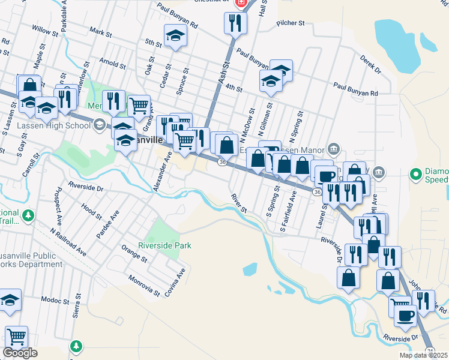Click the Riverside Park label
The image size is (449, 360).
point(164,245)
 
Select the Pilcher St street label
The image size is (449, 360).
point(291,23)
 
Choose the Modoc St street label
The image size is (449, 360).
point(56,299)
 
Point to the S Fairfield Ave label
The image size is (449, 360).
point(288,212)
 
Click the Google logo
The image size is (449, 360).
point(20,353)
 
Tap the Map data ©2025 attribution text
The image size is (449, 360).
point(424,355)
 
